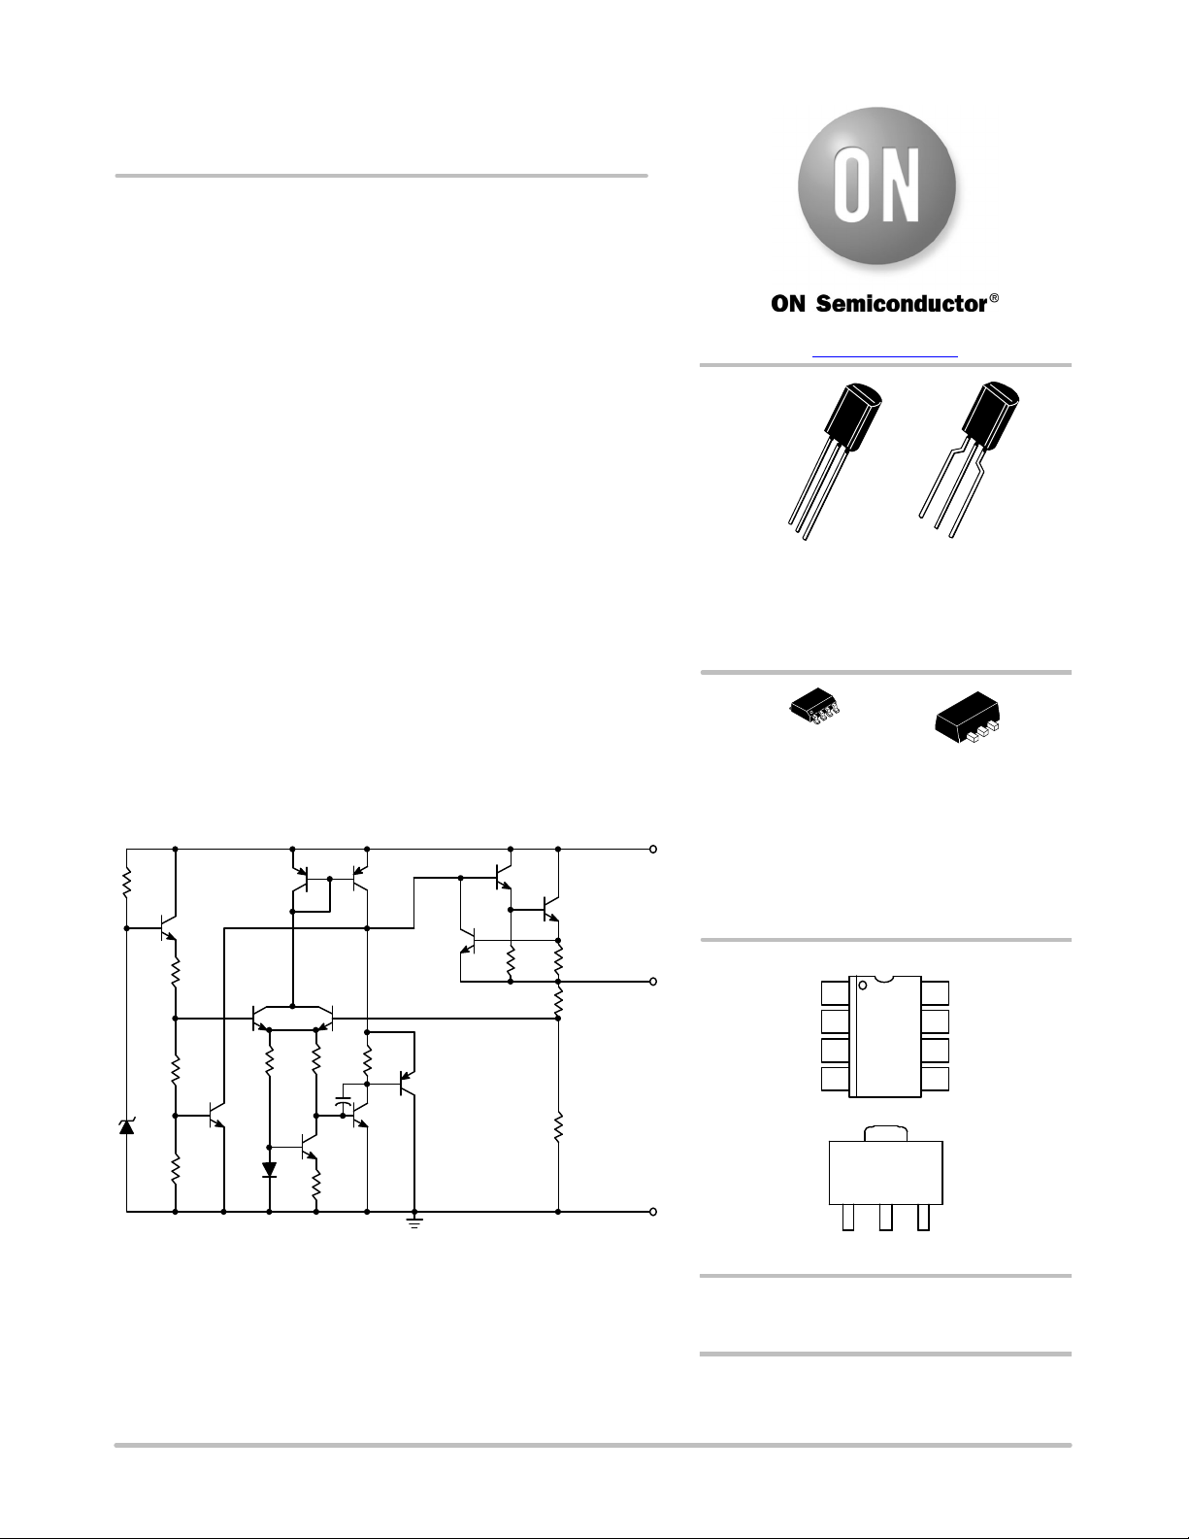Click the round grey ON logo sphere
click(876, 187)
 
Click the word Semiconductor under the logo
click(902, 304)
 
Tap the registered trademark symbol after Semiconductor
click(994, 298)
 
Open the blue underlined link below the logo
click(884, 356)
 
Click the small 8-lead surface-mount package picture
click(818, 707)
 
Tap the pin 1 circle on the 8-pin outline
click(862, 986)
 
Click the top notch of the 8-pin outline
click(884, 980)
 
